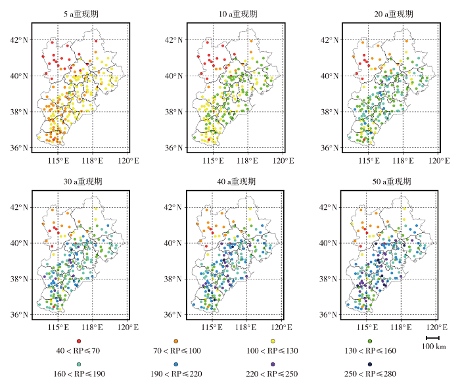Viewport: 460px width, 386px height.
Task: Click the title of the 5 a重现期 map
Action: (x=81, y=14)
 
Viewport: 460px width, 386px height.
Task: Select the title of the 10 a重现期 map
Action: (x=238, y=14)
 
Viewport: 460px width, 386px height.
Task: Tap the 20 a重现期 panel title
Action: (x=394, y=14)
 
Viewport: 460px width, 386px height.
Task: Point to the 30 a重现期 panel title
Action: (x=83, y=181)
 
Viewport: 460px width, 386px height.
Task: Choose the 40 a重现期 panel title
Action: (x=236, y=181)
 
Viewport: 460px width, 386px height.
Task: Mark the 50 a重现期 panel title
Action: (x=392, y=181)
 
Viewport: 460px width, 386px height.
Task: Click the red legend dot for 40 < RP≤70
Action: (x=79, y=341)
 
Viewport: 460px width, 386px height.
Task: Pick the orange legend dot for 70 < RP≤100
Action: (x=175, y=341)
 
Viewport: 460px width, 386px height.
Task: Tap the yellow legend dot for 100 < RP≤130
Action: (x=273, y=341)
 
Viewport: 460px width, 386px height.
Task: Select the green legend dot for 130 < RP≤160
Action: (x=370, y=341)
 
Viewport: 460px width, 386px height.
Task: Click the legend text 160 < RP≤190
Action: (x=80, y=374)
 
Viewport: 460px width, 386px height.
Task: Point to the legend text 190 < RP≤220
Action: (x=176, y=374)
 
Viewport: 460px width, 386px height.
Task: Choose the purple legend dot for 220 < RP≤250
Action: (x=273, y=364)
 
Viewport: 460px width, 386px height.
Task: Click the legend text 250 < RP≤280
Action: (x=370, y=374)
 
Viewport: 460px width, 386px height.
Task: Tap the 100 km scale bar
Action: (x=432, y=338)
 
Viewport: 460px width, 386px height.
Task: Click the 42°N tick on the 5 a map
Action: (x=19, y=40)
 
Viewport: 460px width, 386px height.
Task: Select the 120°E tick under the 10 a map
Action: (x=283, y=161)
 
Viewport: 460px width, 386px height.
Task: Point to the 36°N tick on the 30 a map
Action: (x=19, y=315)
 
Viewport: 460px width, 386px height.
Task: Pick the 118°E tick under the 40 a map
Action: (x=246, y=327)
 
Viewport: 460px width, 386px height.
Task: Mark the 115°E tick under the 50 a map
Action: (x=367, y=327)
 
